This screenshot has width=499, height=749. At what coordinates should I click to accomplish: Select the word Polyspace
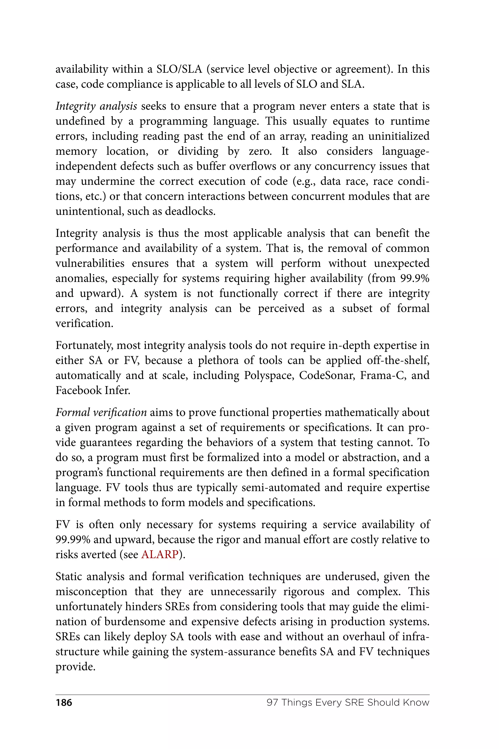pos(268,375)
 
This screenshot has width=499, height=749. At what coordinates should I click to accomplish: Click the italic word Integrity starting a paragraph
pos(76,106)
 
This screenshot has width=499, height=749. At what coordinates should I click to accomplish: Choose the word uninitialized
pos(399,136)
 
